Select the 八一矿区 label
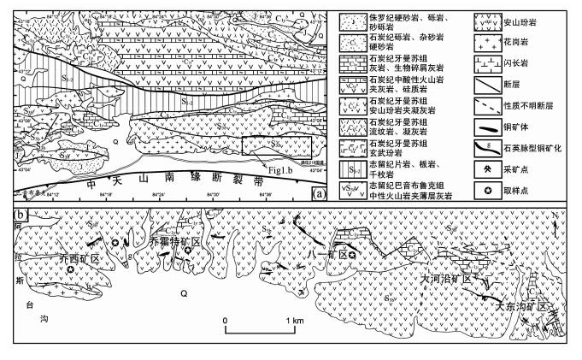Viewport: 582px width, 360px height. coord(326,255)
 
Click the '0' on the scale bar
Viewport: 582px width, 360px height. coord(224,321)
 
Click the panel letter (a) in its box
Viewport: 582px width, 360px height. coord(319,194)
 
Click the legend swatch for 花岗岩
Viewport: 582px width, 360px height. coord(464,38)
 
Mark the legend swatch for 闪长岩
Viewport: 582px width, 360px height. coord(464,62)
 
